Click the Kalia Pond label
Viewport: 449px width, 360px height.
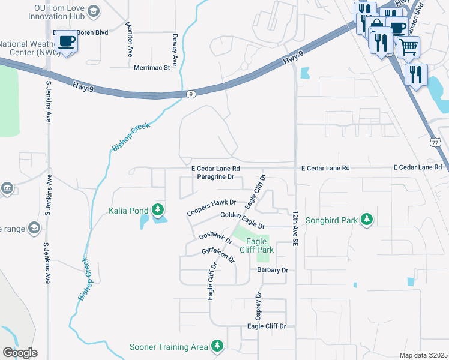[128, 210]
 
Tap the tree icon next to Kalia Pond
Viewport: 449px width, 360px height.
[158, 210]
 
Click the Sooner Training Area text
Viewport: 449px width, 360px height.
[169, 347]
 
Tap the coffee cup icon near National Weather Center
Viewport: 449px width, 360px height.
[67, 41]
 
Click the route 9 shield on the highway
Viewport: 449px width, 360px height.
[190, 94]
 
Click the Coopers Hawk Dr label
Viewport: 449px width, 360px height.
[211, 208]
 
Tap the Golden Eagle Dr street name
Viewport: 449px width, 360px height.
[243, 220]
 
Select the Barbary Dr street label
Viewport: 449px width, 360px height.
[273, 270]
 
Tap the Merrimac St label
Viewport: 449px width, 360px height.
[152, 67]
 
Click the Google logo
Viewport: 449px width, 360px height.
[20, 352]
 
